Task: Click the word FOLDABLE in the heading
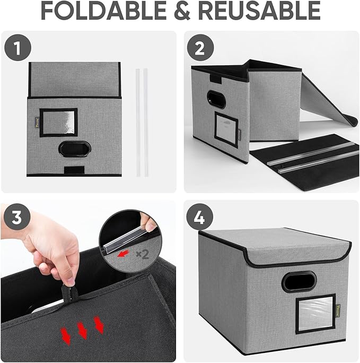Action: [103, 11]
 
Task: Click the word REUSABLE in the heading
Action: [259, 11]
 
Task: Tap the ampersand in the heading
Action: [182, 11]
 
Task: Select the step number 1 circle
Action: [18, 48]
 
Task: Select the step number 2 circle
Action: [200, 48]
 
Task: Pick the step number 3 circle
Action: [17, 217]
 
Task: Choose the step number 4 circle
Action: [200, 217]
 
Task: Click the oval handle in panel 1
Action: [75, 149]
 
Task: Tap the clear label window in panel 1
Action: [58, 123]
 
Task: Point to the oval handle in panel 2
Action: [216, 99]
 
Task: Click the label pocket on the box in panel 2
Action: [226, 129]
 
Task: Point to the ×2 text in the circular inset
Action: [142, 254]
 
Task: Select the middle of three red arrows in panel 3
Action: [82, 331]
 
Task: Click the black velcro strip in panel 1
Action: [74, 170]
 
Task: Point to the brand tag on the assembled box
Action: [338, 308]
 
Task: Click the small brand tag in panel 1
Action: [37, 120]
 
